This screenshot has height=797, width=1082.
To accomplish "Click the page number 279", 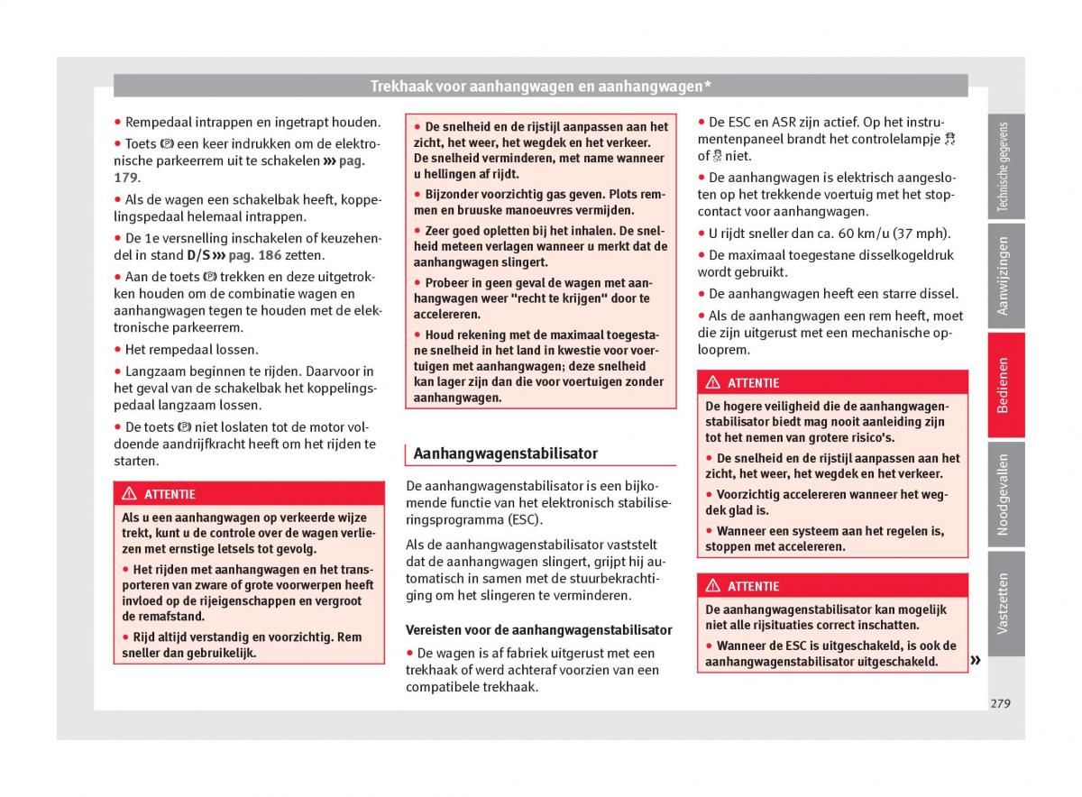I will tap(1000, 703).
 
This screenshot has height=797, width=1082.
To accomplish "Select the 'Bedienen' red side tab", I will tap(1005, 385).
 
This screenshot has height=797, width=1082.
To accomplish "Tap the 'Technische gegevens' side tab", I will tap(1005, 168).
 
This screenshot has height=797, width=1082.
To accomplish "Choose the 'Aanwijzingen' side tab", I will tap(1005, 276).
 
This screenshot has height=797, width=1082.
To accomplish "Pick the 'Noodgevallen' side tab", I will tap(1005, 494).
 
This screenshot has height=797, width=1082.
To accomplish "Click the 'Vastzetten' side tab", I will tap(1005, 602).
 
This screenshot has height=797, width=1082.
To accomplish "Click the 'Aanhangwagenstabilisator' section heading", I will tap(505, 453).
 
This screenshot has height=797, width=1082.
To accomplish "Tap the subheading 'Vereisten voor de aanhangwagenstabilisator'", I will tap(539, 630).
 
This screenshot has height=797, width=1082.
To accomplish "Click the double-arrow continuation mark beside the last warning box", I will tap(975, 661).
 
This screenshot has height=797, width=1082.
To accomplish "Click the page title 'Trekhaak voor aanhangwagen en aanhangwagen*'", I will tap(541, 87).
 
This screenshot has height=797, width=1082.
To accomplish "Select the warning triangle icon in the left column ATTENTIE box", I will tap(129, 494).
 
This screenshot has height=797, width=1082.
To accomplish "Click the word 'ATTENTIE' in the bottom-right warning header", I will tap(753, 586).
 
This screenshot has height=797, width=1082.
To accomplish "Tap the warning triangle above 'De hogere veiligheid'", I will tap(712, 383).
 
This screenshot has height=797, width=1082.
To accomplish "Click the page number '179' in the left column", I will tap(126, 178).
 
